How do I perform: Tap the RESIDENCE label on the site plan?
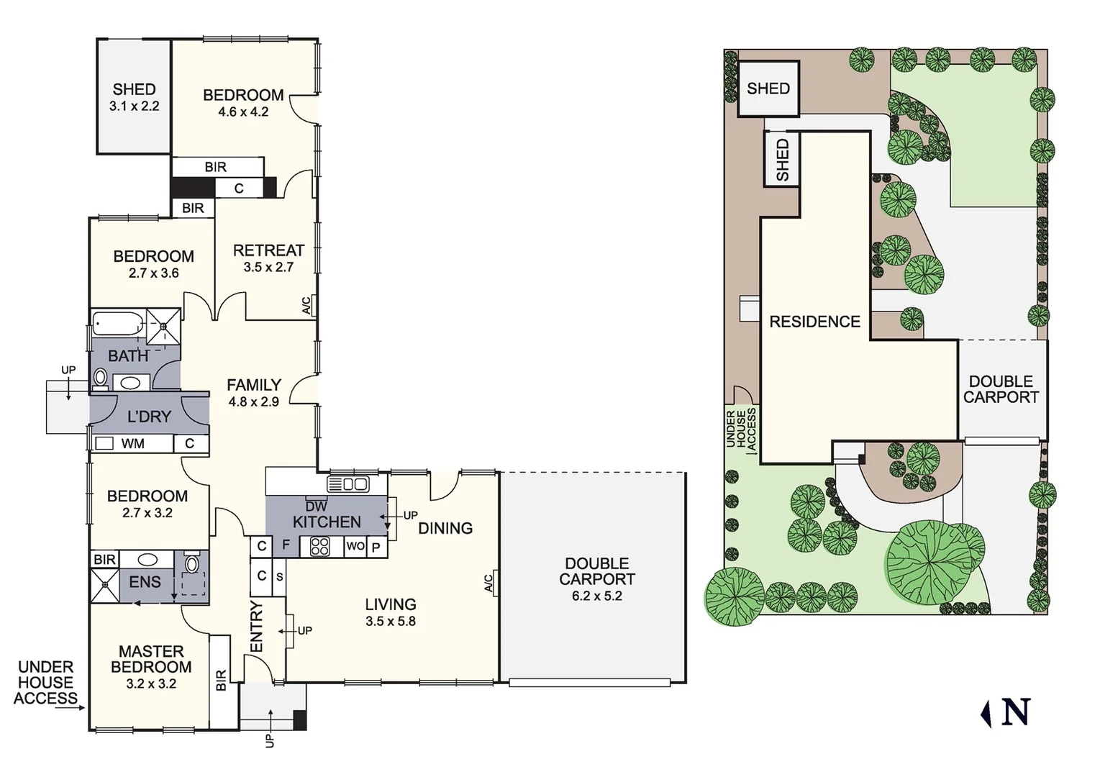click(814, 322)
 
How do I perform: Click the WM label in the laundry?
click(132, 444)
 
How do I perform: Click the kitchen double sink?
click(348, 483)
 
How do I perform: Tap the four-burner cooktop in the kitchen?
click(319, 547)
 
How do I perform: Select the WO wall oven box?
click(355, 547)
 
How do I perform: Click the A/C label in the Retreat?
click(306, 306)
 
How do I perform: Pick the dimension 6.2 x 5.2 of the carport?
click(596, 596)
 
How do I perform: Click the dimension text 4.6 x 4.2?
click(243, 112)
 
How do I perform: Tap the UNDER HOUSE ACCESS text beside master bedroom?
click(45, 682)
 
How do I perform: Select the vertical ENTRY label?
click(257, 627)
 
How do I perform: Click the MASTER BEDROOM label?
click(151, 659)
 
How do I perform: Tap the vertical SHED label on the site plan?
click(782, 160)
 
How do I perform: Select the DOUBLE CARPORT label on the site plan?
click(1001, 389)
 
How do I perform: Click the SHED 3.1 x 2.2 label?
click(134, 97)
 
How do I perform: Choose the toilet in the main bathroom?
click(101, 378)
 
